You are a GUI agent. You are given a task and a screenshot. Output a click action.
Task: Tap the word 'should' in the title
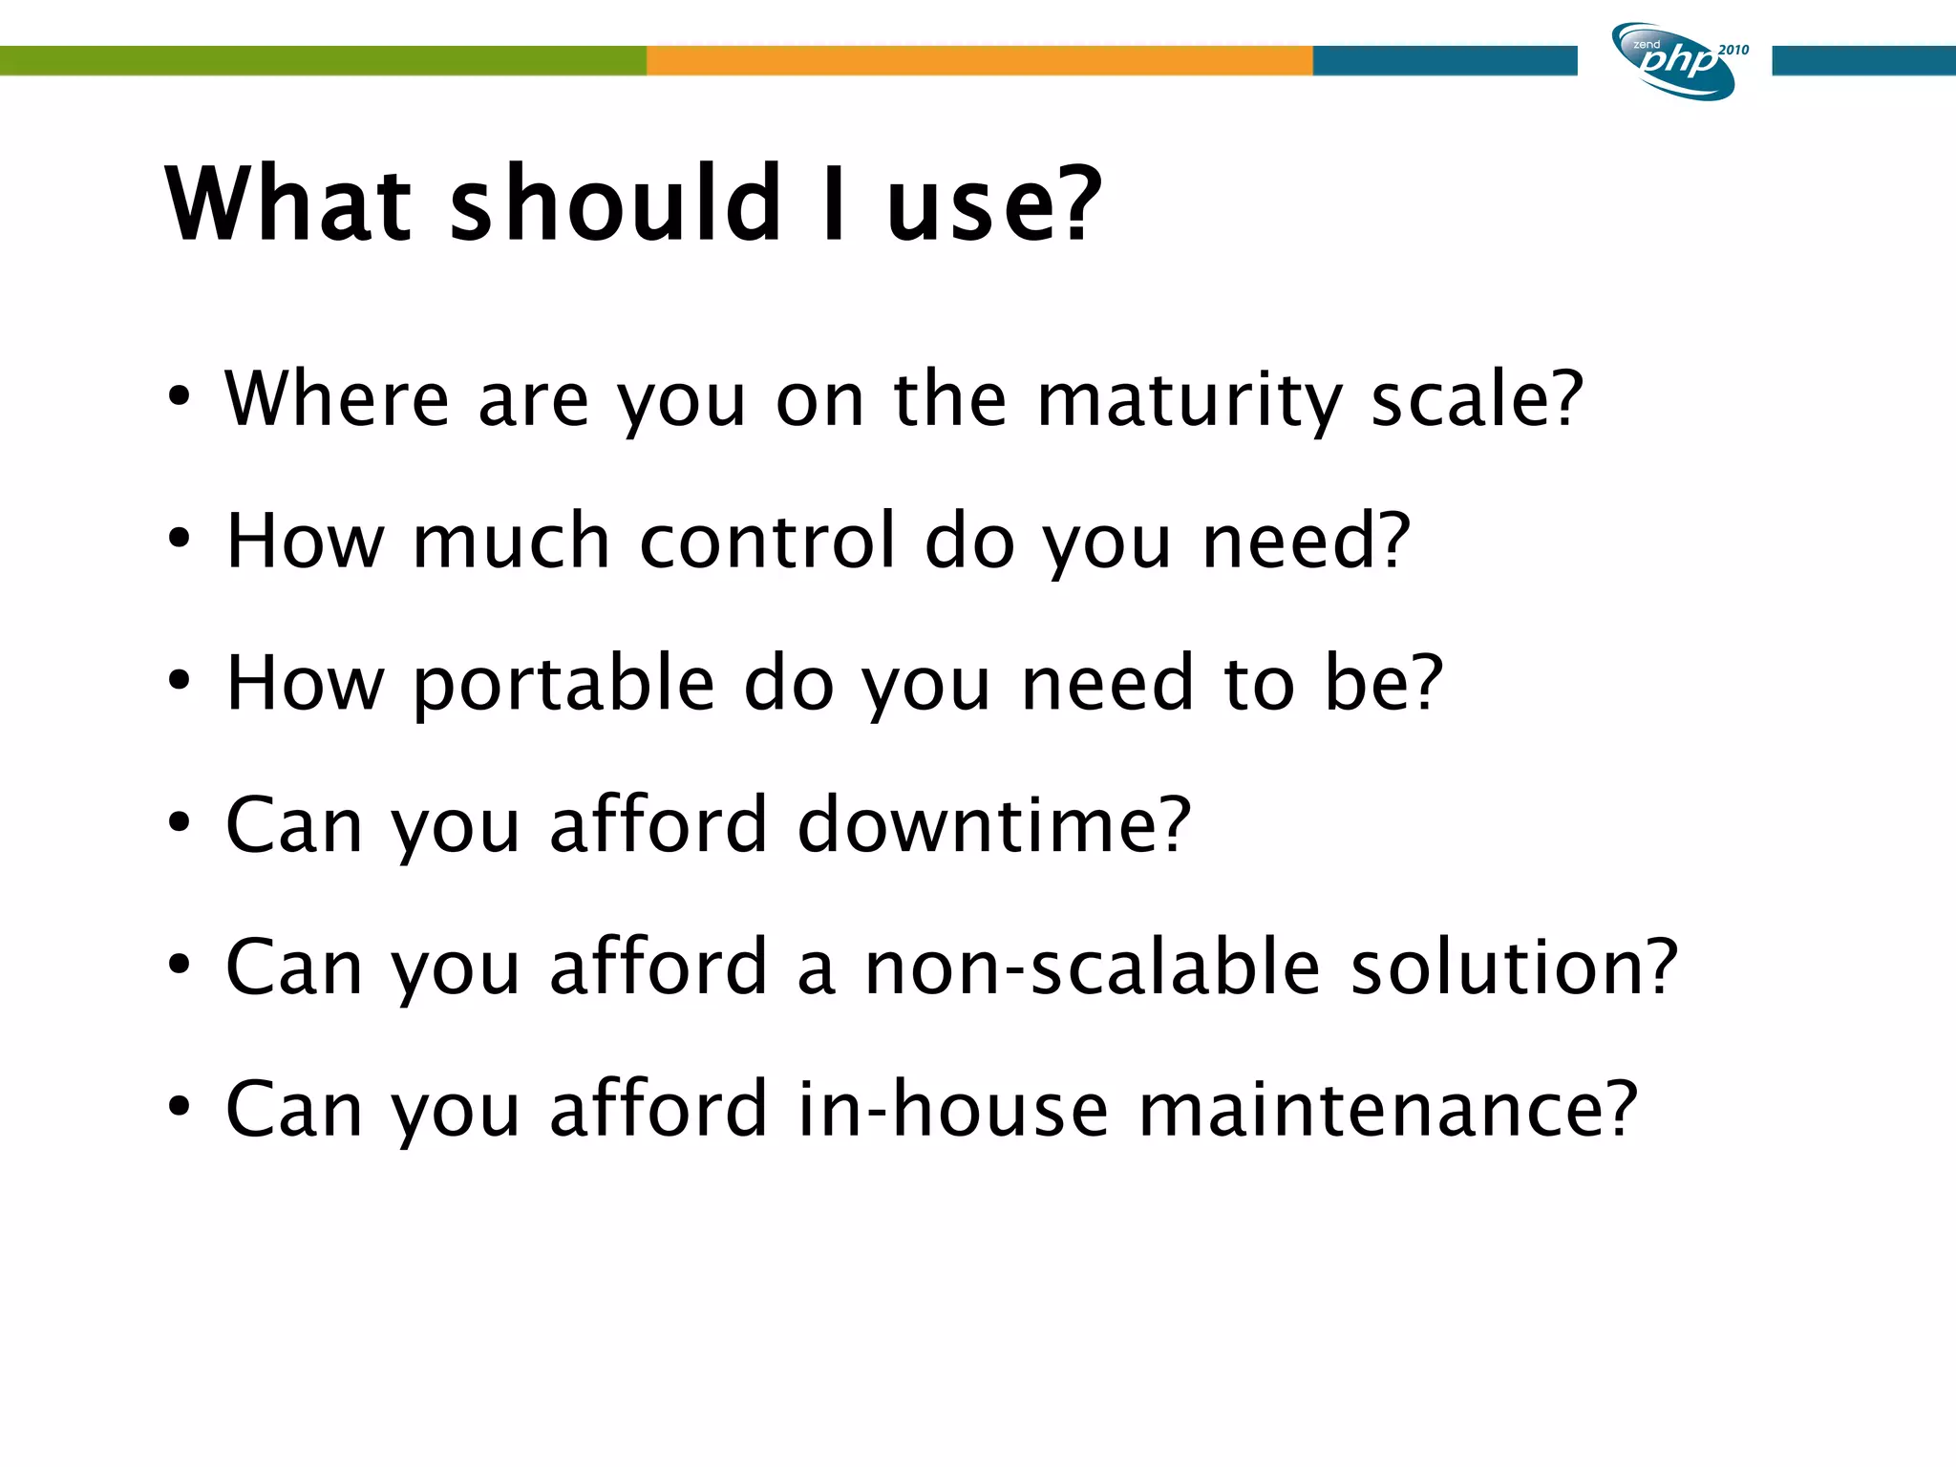(x=616, y=203)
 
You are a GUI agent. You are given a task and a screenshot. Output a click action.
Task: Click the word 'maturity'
(x=1189, y=400)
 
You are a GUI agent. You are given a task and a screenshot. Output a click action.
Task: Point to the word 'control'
(x=768, y=541)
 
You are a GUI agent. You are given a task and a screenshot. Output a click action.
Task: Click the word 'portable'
(x=564, y=684)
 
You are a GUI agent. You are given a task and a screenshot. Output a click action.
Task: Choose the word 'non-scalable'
(x=1093, y=967)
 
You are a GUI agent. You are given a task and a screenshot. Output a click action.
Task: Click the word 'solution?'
(x=1514, y=967)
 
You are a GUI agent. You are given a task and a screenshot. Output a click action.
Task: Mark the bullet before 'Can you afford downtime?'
(x=179, y=822)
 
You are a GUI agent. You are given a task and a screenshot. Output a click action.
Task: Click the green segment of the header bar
(x=323, y=60)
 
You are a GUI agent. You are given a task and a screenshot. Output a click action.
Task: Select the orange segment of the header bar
(x=979, y=60)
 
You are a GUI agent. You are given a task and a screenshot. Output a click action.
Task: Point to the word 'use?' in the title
(x=993, y=203)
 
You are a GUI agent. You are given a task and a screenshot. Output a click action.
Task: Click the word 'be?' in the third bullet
(x=1383, y=684)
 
